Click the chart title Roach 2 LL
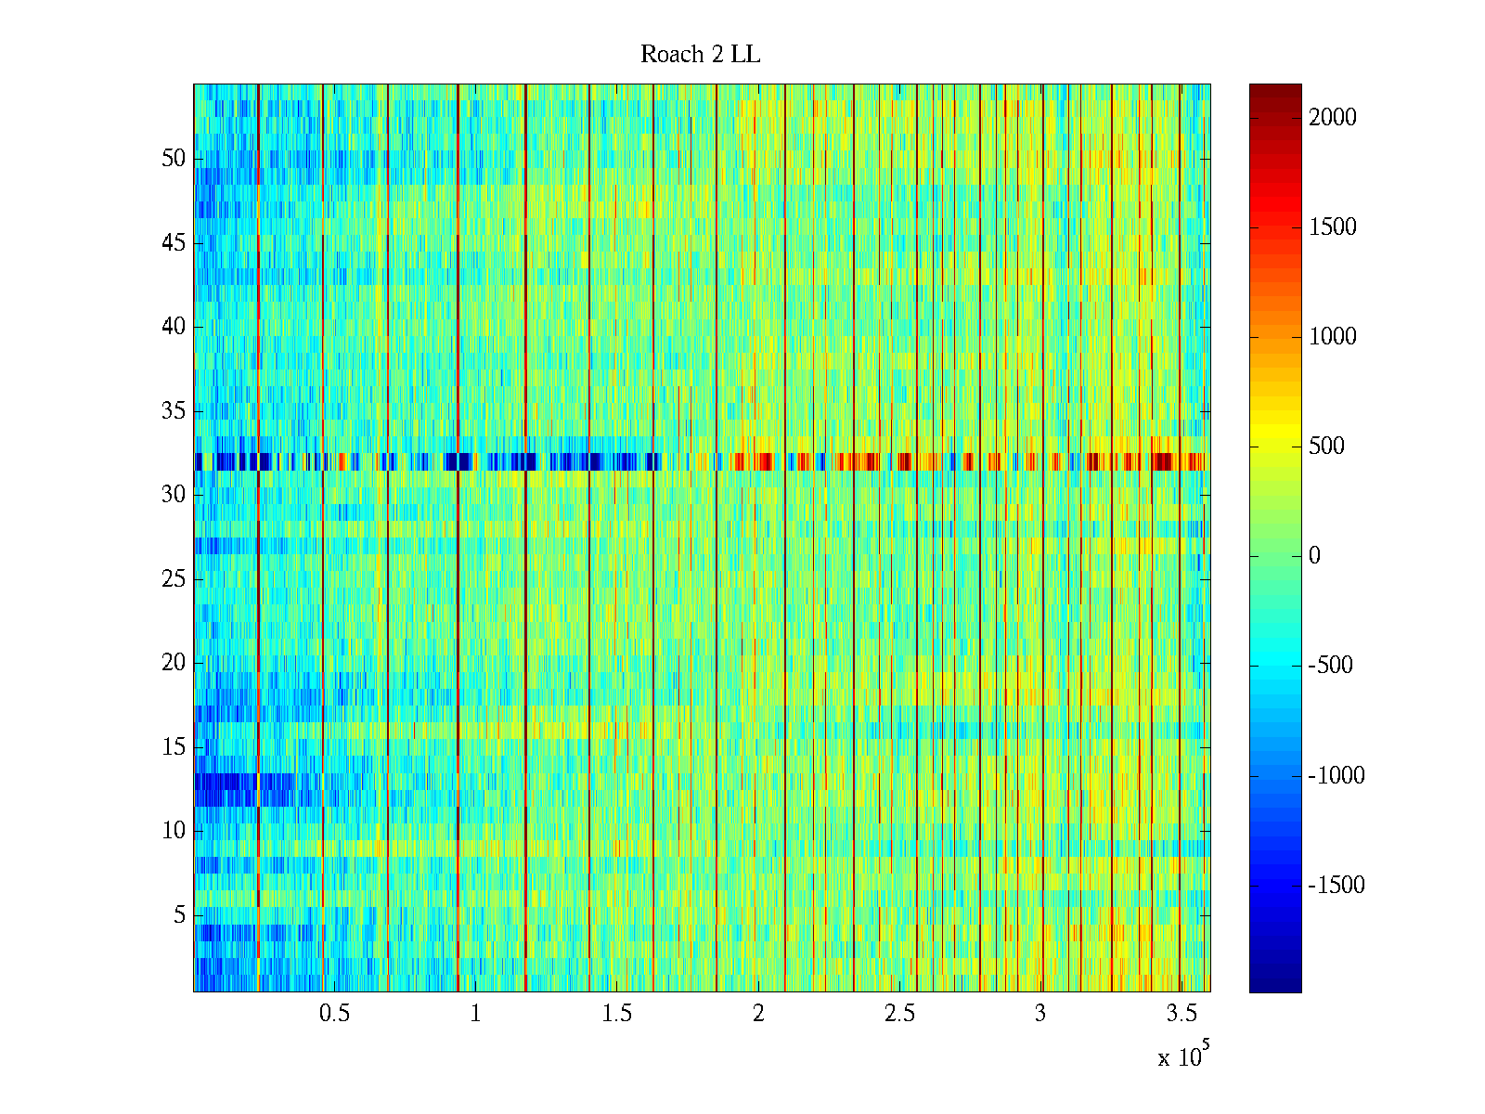tap(700, 55)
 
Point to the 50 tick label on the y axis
tap(174, 159)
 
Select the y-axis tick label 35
tap(174, 411)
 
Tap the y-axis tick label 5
tap(179, 915)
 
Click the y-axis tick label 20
tap(174, 663)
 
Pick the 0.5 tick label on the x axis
tap(334, 1014)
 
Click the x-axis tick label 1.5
tap(616, 1014)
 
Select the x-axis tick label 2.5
tap(899, 1014)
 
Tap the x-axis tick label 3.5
tap(1182, 1014)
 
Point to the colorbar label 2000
tap(1332, 117)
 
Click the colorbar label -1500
tap(1336, 886)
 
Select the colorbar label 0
tap(1314, 556)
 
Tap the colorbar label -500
tap(1331, 666)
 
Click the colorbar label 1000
tap(1332, 337)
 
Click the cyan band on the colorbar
tap(1275, 666)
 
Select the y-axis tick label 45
tap(174, 243)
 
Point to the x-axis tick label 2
tap(758, 1014)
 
